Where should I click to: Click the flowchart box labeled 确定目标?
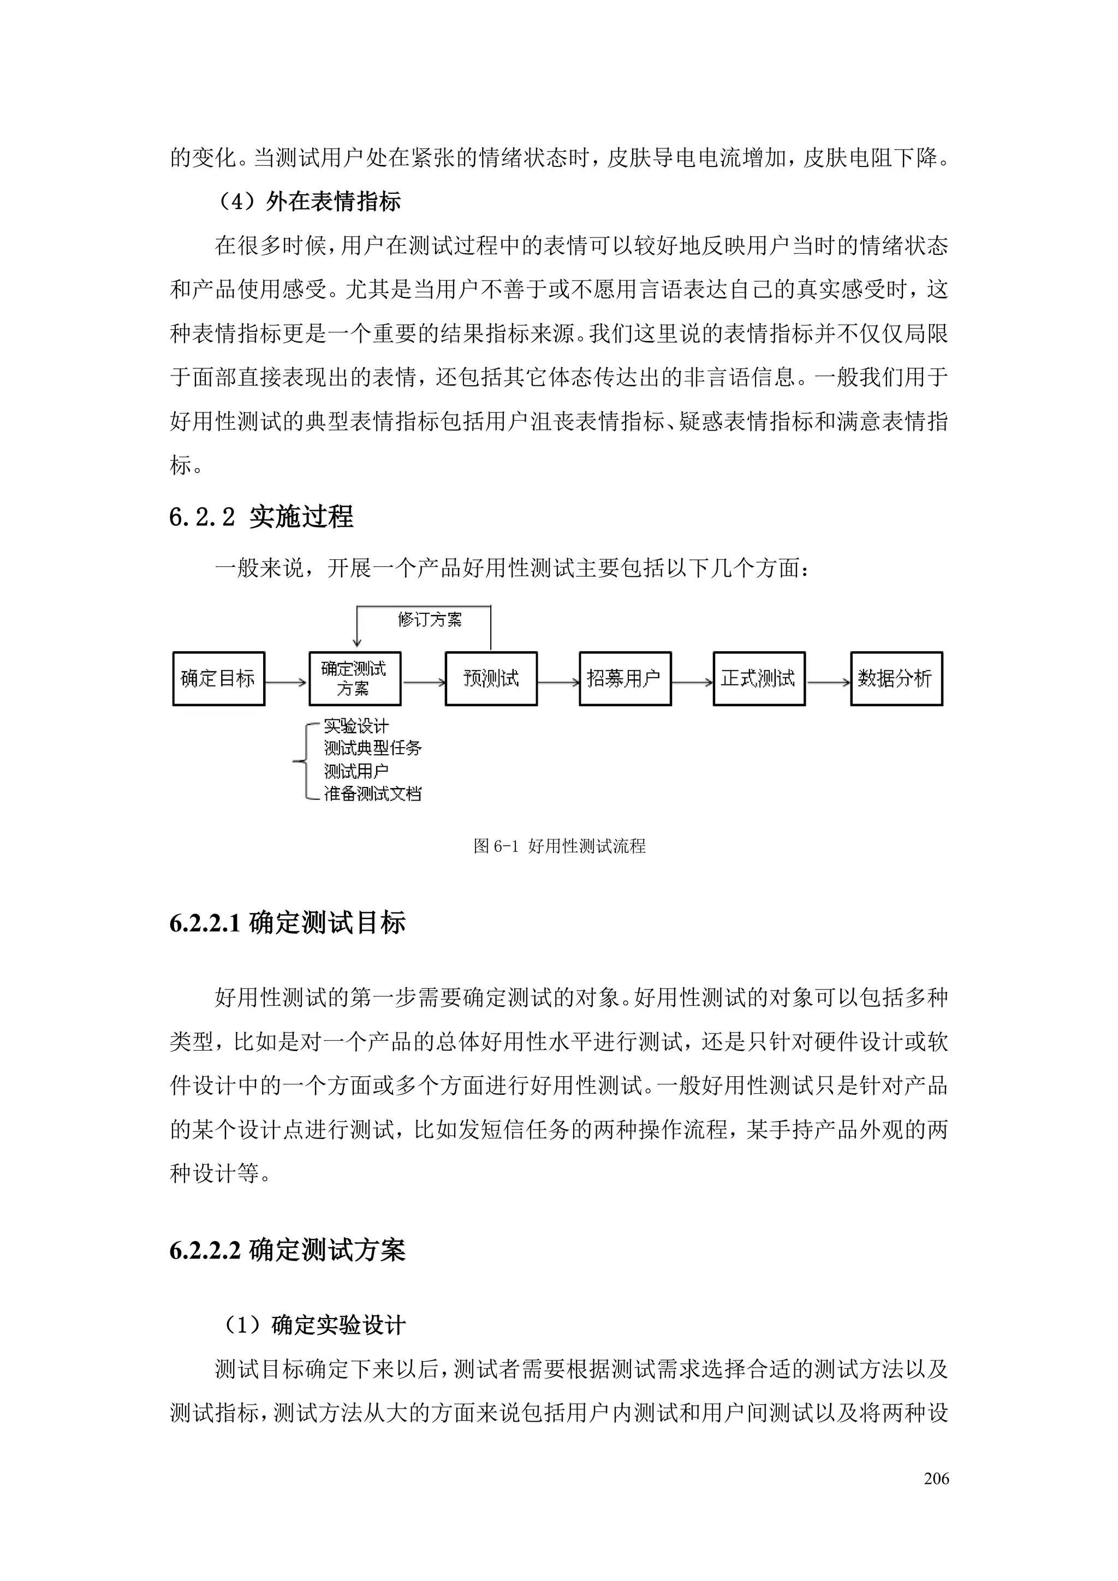(218, 679)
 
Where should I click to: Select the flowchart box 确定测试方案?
(355, 679)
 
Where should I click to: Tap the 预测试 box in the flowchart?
(491, 679)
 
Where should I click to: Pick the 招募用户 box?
(625, 679)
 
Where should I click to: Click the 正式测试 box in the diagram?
(758, 679)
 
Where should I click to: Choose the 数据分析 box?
(896, 679)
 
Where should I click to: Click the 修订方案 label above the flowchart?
(430, 620)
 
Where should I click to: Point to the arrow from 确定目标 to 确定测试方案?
(287, 682)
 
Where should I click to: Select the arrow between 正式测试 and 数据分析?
(828, 682)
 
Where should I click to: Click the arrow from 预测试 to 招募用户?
(558, 682)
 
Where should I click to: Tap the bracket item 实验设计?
(356, 726)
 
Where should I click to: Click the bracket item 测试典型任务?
(373, 749)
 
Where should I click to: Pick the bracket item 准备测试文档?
(373, 794)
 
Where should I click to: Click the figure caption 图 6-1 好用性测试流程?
(560, 846)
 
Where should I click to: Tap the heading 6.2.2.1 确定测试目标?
(287, 923)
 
